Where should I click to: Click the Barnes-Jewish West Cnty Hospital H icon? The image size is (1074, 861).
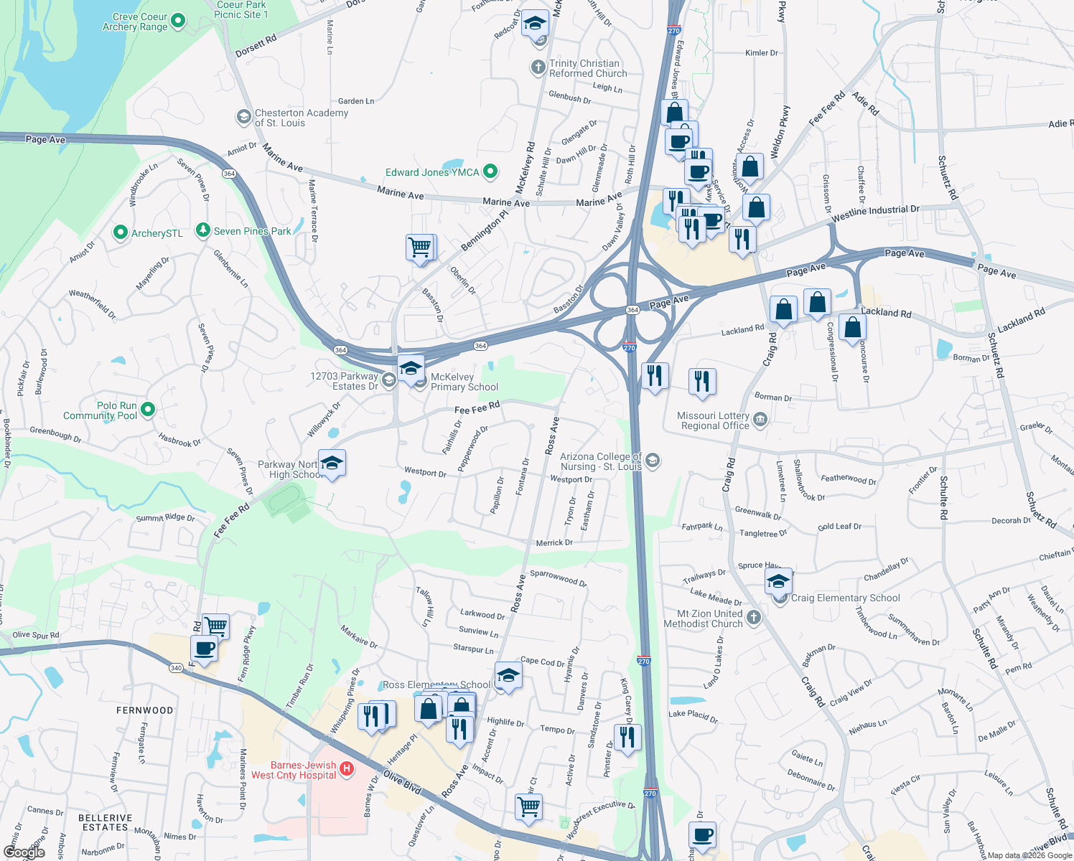pyautogui.click(x=347, y=769)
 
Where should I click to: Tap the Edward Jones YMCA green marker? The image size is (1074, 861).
pyautogui.click(x=490, y=171)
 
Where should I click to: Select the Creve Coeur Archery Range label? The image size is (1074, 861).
pyautogui.click(x=135, y=22)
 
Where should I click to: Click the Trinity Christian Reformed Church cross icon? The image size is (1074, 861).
pyautogui.click(x=538, y=68)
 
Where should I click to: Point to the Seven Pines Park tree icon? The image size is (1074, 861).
pyautogui.click(x=203, y=230)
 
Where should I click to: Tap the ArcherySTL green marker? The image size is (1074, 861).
pyautogui.click(x=121, y=232)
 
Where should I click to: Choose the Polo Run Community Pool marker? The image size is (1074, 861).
pyautogui.click(x=148, y=410)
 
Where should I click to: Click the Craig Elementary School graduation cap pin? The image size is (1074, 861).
pyautogui.click(x=778, y=581)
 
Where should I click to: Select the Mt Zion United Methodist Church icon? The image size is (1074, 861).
pyautogui.click(x=753, y=617)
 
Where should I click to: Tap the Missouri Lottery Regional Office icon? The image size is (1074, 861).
pyautogui.click(x=760, y=420)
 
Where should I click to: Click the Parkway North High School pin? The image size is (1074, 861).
pyautogui.click(x=332, y=464)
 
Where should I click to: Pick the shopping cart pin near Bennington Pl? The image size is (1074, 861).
pyautogui.click(x=420, y=248)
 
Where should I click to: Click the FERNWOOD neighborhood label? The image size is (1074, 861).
pyautogui.click(x=145, y=710)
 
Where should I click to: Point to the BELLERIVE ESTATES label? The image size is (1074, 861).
pyautogui.click(x=105, y=822)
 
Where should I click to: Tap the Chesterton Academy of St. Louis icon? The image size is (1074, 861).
pyautogui.click(x=243, y=116)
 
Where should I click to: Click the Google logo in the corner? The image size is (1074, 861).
pyautogui.click(x=24, y=852)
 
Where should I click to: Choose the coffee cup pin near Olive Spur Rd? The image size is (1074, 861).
pyautogui.click(x=205, y=649)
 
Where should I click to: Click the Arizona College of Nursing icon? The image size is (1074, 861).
pyautogui.click(x=652, y=460)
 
